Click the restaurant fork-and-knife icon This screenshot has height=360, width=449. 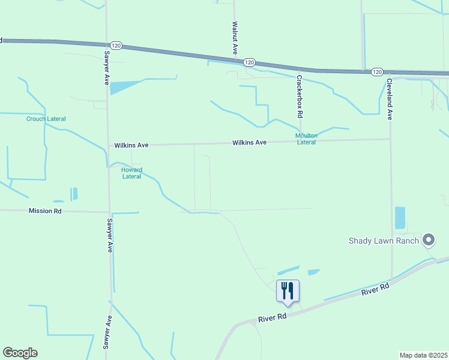pos(288,291)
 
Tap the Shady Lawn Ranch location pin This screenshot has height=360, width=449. pos(428,241)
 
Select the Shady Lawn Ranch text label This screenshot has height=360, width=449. pos(384,241)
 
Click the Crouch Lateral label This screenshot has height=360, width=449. pos(46,119)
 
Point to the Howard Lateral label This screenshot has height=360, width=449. pos(131,173)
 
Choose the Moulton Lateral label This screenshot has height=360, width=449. pos(306,139)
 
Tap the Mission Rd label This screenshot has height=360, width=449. pos(45,211)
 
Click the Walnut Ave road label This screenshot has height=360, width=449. pos(235,38)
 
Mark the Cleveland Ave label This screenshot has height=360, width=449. pos(389,99)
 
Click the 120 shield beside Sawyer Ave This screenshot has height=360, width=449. pos(116,46)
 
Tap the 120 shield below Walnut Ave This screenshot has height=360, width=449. pos(250,62)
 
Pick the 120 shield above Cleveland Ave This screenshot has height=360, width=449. pos(376,72)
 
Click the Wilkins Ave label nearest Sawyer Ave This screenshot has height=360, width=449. pos(131,145)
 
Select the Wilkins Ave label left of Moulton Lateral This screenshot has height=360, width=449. pos(250,143)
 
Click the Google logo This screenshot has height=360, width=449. pos(20,353)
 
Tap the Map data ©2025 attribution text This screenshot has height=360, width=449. pos(424,355)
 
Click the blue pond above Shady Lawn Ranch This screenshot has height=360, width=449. pos(400,218)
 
